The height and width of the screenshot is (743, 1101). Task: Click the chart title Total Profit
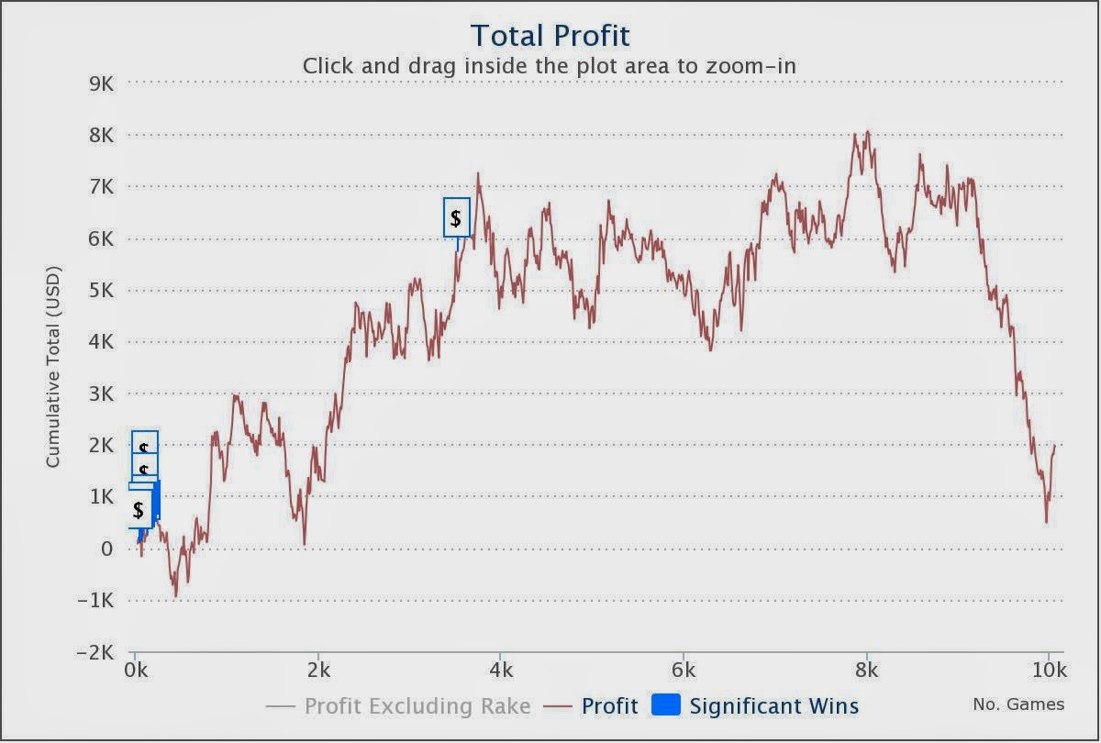click(550, 36)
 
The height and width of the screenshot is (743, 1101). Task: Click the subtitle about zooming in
click(550, 66)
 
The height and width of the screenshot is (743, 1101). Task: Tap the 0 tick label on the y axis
click(106, 549)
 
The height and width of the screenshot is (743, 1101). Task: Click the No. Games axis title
click(1018, 704)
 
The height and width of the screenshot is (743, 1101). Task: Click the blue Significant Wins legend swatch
click(665, 704)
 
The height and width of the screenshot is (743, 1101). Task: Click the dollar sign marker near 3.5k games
click(456, 218)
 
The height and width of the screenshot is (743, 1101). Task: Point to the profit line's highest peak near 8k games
click(867, 132)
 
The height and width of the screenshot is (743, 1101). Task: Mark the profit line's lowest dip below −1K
click(175, 596)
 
